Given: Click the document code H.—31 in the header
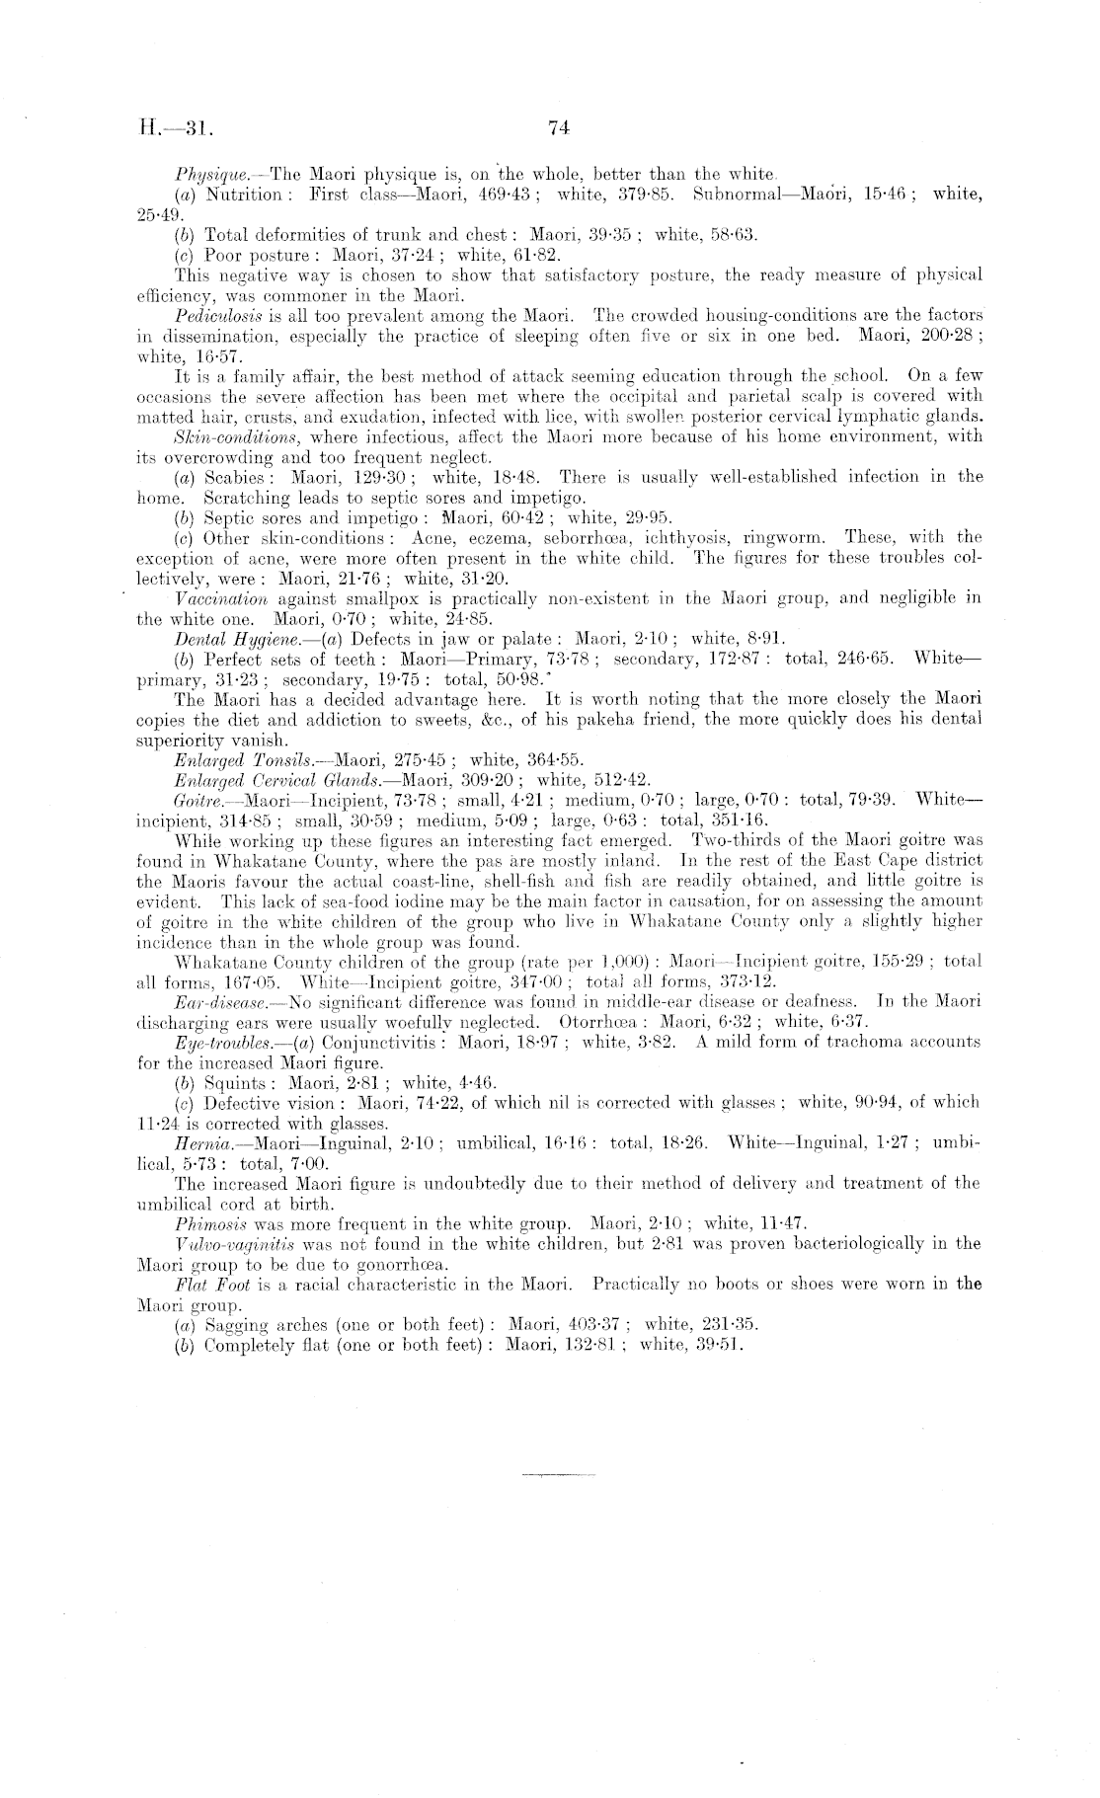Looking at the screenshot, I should [169, 127].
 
